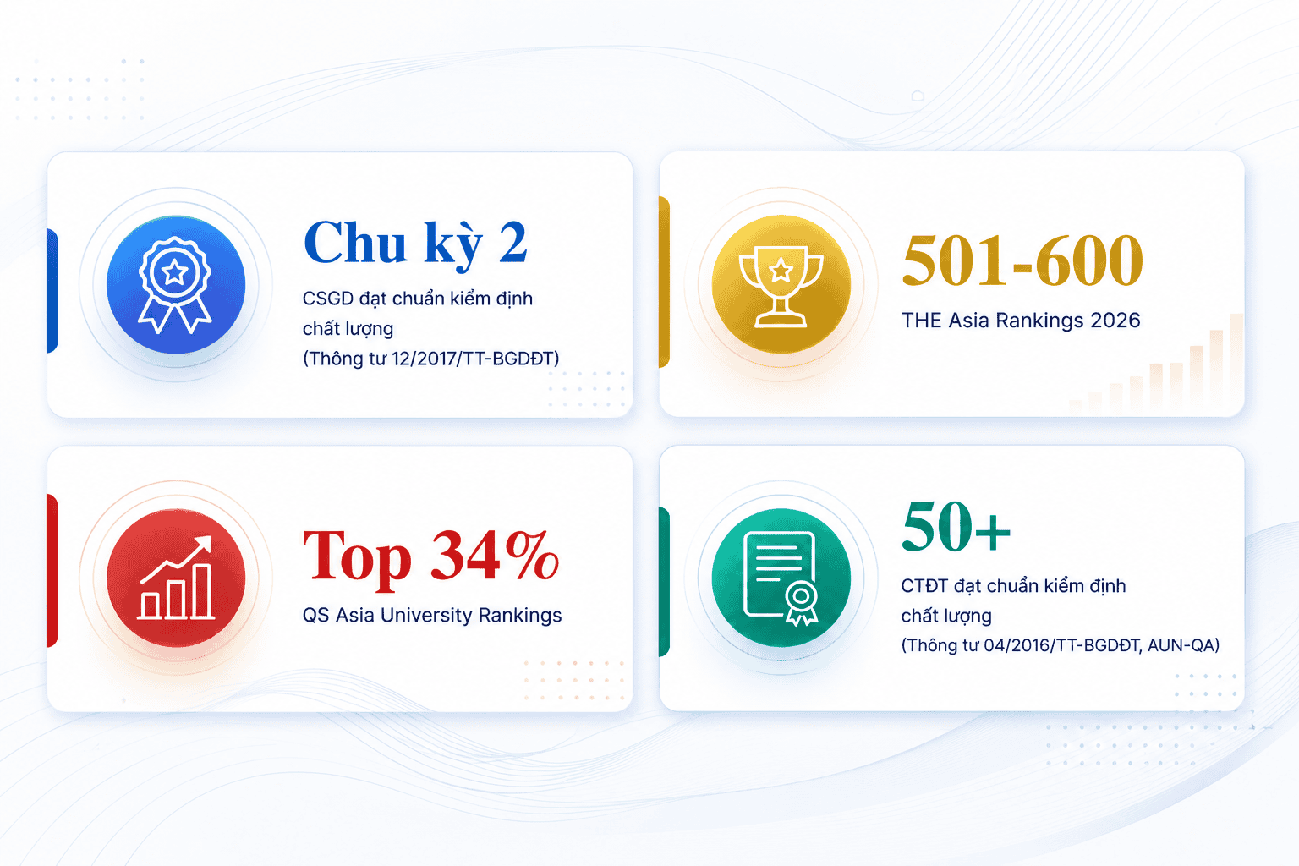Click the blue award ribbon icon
175,284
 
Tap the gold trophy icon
781,284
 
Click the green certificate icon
781,578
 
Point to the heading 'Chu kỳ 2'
415,243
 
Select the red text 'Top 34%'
430,558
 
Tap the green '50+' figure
956,527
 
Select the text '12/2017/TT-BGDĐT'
473,359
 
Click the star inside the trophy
781,270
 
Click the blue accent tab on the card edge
52,291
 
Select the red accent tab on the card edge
52,570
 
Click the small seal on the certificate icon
802,603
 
